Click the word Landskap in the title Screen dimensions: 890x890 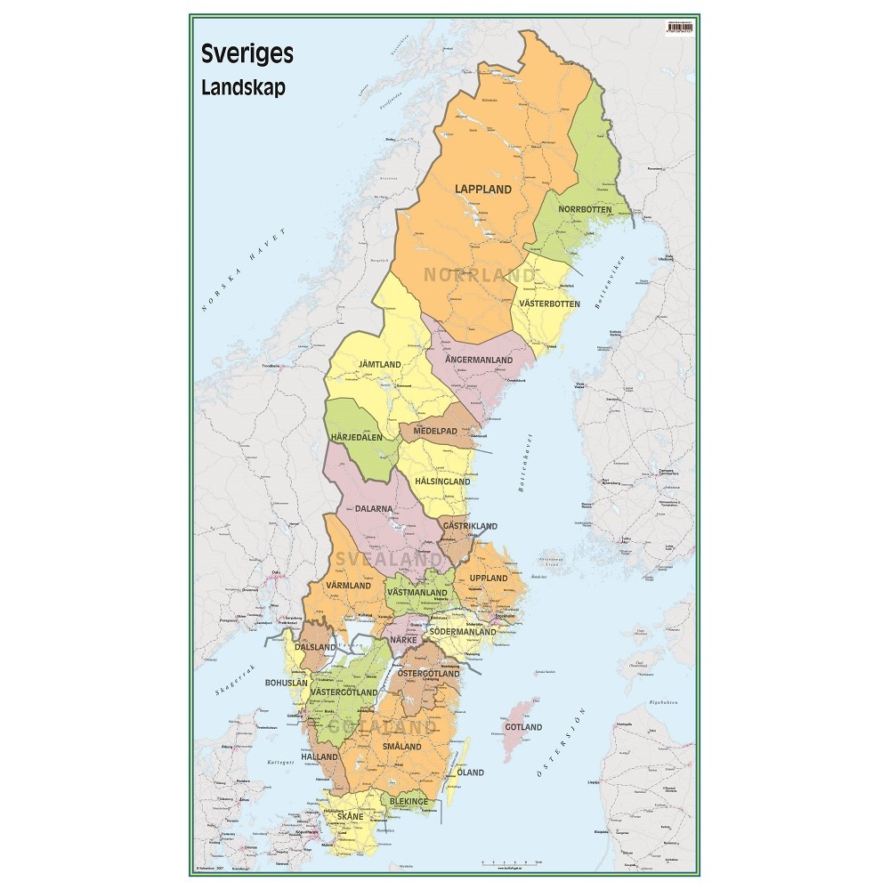243,88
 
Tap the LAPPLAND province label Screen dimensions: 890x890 483,189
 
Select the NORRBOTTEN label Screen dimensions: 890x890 585,209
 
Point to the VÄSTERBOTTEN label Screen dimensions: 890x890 549,303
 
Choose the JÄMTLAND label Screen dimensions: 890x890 379,365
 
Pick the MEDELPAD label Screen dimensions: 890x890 434,431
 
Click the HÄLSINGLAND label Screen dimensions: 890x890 442,481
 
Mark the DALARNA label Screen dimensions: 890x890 373,510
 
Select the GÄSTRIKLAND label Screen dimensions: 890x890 470,526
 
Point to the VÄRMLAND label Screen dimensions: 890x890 348,586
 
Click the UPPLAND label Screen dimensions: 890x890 489,578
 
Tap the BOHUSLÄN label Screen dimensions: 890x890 287,683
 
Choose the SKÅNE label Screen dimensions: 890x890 348,816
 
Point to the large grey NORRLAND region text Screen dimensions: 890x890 480,275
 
